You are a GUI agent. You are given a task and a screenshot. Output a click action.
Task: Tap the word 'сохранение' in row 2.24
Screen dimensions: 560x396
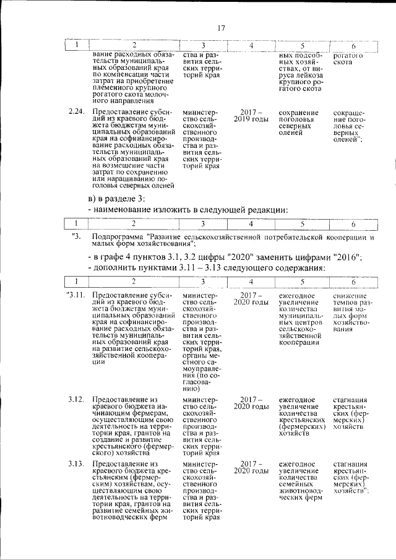click(x=299, y=113)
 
